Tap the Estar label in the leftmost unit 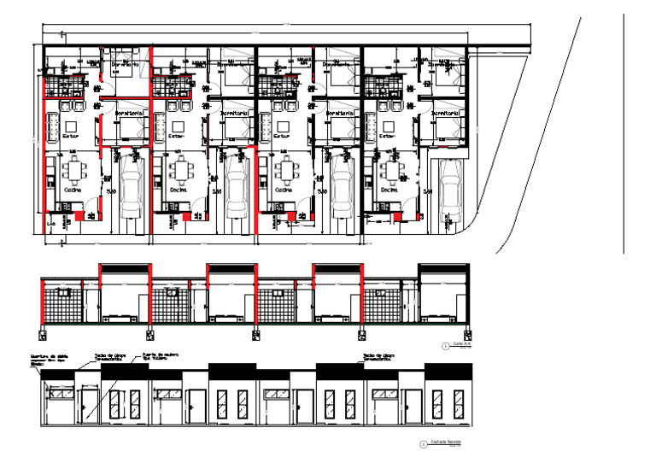pyautogui.click(x=70, y=135)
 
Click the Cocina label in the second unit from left pyautogui.click(x=178, y=190)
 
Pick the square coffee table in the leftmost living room pyautogui.click(x=70, y=125)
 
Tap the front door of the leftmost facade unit pyautogui.click(x=90, y=407)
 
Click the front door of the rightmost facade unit pyautogui.click(x=411, y=407)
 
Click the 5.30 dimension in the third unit pyautogui.click(x=322, y=191)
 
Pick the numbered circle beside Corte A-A pyautogui.click(x=445, y=346)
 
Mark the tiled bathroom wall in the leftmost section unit pyautogui.click(x=62, y=303)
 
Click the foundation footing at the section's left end pyautogui.click(x=43, y=332)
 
